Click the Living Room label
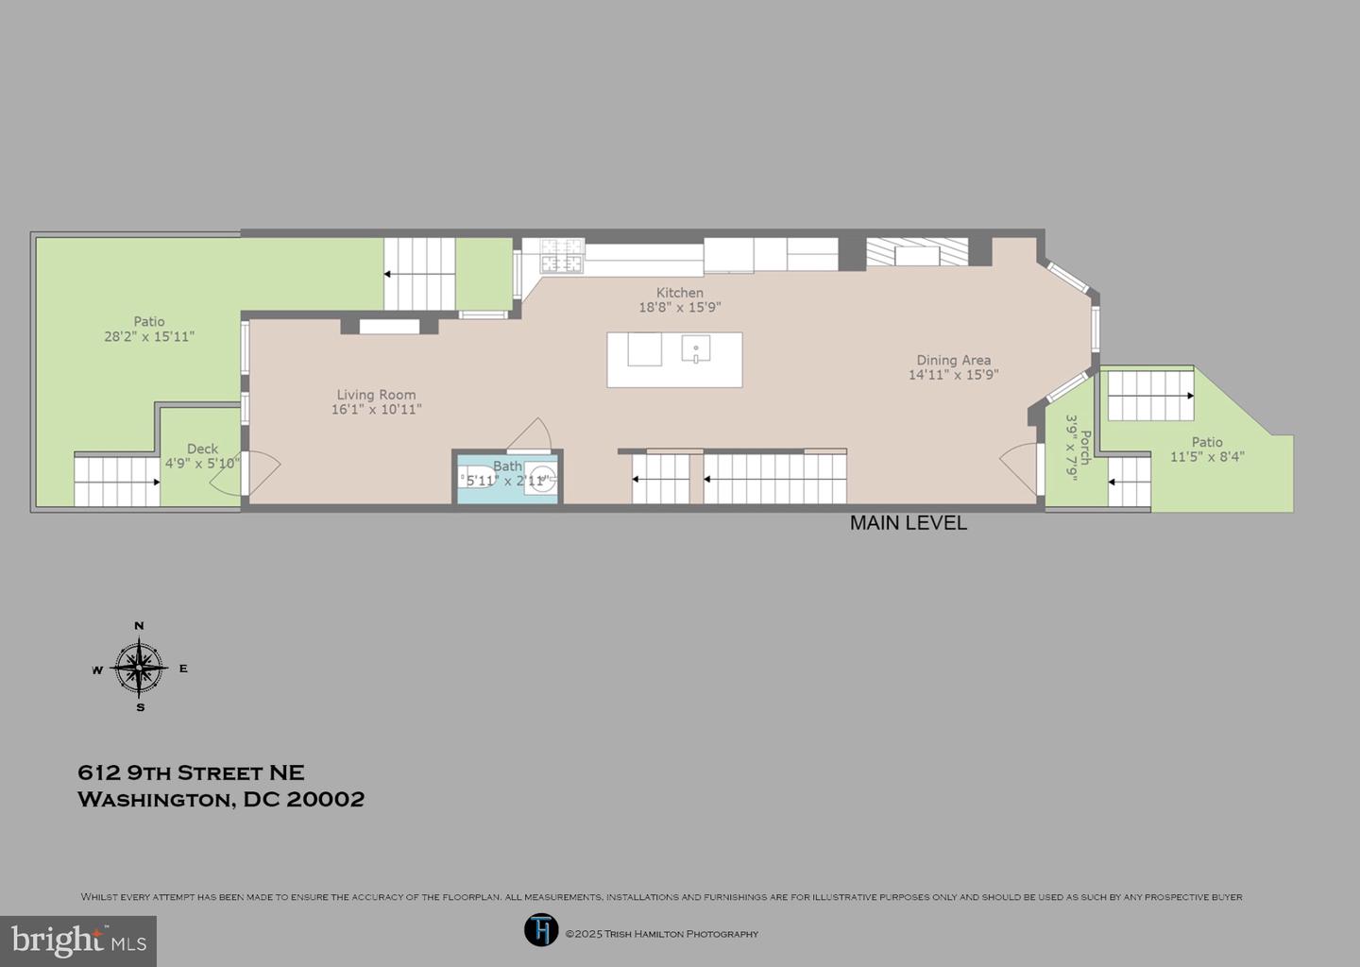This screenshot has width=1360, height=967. click(376, 395)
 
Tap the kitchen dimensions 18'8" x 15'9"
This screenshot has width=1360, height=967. click(679, 308)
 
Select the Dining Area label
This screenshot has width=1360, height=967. click(953, 360)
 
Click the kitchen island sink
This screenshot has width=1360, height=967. click(696, 349)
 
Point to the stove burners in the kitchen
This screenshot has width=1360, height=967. click(561, 255)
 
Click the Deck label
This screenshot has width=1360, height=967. click(202, 449)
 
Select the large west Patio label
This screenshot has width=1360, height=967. click(149, 321)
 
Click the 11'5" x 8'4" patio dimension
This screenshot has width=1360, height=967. click(1206, 457)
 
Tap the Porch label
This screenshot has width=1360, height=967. click(1085, 447)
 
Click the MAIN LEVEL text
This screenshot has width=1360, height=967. click(908, 523)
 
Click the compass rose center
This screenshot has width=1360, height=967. click(140, 668)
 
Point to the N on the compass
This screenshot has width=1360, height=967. click(140, 625)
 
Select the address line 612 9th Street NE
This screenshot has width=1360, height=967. click(191, 772)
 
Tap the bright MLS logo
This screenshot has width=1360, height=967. click(78, 941)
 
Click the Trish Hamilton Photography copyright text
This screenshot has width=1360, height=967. click(661, 934)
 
